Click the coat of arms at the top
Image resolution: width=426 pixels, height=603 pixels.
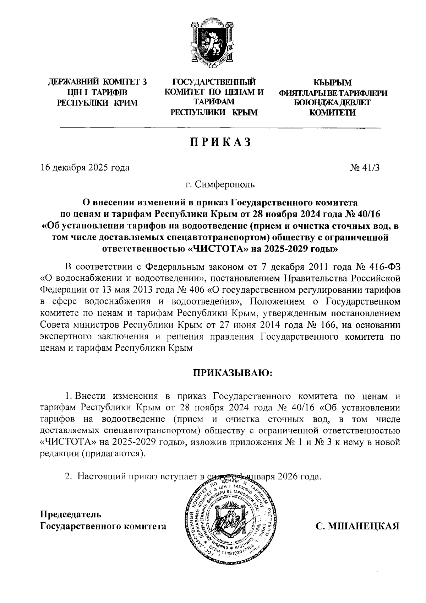pos(212,43)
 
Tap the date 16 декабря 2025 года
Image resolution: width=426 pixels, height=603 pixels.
pos(85,167)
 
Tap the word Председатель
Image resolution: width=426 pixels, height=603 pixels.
pos(70,514)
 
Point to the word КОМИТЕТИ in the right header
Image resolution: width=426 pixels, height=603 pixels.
pos(332,113)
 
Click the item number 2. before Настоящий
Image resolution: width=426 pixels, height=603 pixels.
pos(68,476)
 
